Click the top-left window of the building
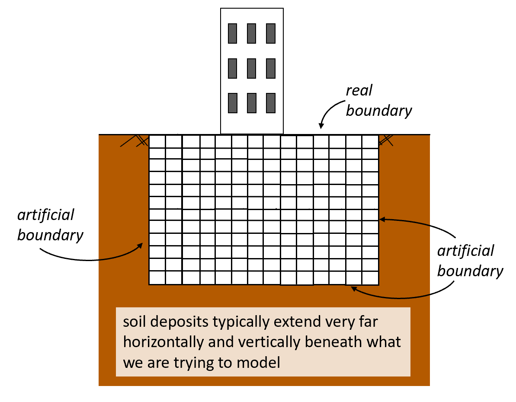233,33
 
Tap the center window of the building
252,68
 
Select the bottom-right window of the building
271,102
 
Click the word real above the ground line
359,91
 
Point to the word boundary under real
379,111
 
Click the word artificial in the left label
46,215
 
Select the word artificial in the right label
466,251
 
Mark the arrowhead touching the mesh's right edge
381,220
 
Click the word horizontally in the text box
163,342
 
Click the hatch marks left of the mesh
134,140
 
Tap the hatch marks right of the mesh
386,139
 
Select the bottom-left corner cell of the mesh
157,278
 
